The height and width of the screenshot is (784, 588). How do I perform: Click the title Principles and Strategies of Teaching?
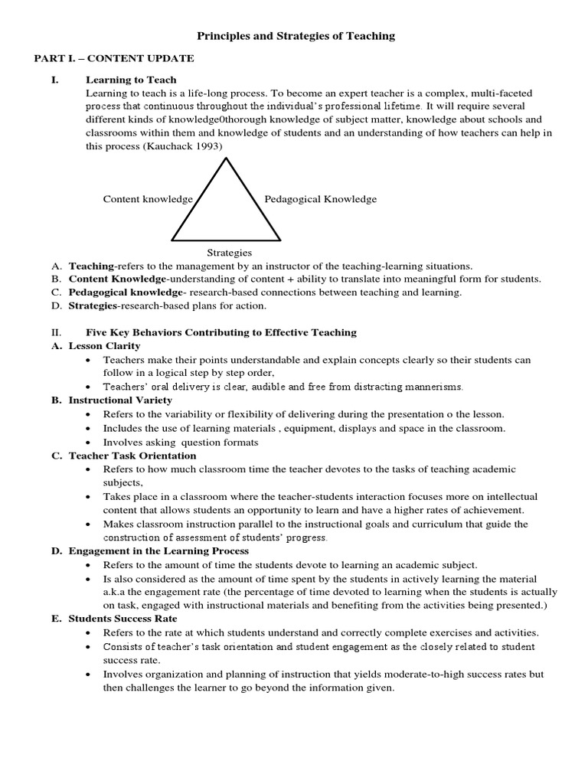296,35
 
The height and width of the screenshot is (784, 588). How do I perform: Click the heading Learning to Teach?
131,80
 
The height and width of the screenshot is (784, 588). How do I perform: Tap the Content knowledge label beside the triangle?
148,199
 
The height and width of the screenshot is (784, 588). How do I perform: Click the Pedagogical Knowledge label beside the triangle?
321,199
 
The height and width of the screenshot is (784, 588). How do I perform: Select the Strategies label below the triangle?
229,252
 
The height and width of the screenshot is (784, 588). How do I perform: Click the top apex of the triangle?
226,158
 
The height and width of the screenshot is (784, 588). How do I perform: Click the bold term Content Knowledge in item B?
116,279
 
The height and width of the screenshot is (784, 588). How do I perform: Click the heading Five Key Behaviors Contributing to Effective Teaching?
221,332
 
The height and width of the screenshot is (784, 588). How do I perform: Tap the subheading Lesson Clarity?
105,346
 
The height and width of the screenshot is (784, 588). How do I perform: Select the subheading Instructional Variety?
120,400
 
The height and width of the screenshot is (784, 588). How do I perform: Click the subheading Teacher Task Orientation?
127,456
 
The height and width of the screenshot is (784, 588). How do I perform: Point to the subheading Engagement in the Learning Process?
158,551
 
